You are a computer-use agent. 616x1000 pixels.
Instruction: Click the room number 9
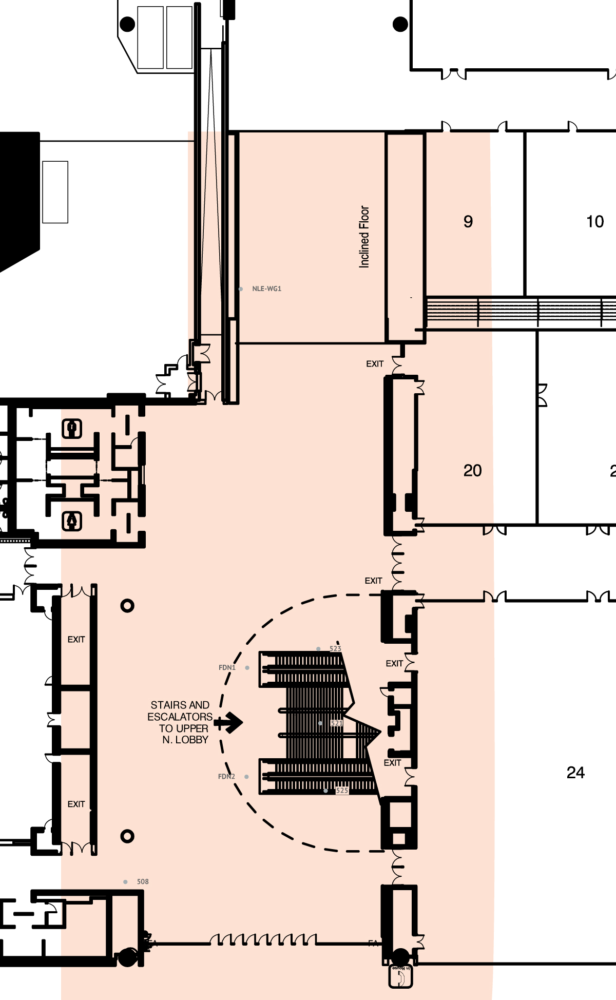pyautogui.click(x=468, y=221)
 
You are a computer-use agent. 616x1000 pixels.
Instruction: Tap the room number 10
pyautogui.click(x=595, y=221)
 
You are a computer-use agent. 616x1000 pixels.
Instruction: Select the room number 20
pyautogui.click(x=472, y=470)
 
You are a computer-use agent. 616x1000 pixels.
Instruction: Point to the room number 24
pyautogui.click(x=575, y=772)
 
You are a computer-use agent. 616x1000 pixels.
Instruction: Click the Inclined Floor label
pyautogui.click(x=364, y=237)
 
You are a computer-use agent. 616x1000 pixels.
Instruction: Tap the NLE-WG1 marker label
pyautogui.click(x=266, y=289)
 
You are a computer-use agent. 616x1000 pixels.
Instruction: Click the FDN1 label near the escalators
pyautogui.click(x=227, y=667)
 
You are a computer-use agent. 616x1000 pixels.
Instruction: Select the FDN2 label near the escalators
pyautogui.click(x=226, y=776)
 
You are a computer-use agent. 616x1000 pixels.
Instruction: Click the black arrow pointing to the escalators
pyautogui.click(x=229, y=722)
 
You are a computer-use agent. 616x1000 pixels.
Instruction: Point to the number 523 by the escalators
pyautogui.click(x=335, y=648)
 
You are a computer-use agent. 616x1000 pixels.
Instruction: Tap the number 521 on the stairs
pyautogui.click(x=336, y=723)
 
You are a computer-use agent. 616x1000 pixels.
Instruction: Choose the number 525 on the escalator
pyautogui.click(x=342, y=790)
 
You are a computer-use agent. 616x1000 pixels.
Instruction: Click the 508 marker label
pyautogui.click(x=143, y=881)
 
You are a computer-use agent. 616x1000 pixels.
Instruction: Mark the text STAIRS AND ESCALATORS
pyautogui.click(x=180, y=711)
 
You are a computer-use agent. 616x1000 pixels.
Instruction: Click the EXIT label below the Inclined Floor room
pyautogui.click(x=375, y=363)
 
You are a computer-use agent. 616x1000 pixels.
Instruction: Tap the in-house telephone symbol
pyautogui.click(x=400, y=976)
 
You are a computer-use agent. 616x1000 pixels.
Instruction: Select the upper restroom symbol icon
pyautogui.click(x=72, y=428)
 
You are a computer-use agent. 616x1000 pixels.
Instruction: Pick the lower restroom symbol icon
pyautogui.click(x=72, y=521)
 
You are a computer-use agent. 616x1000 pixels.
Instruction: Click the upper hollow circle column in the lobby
pyautogui.click(x=127, y=606)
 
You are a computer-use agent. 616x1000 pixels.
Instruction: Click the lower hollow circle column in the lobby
pyautogui.click(x=127, y=836)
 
